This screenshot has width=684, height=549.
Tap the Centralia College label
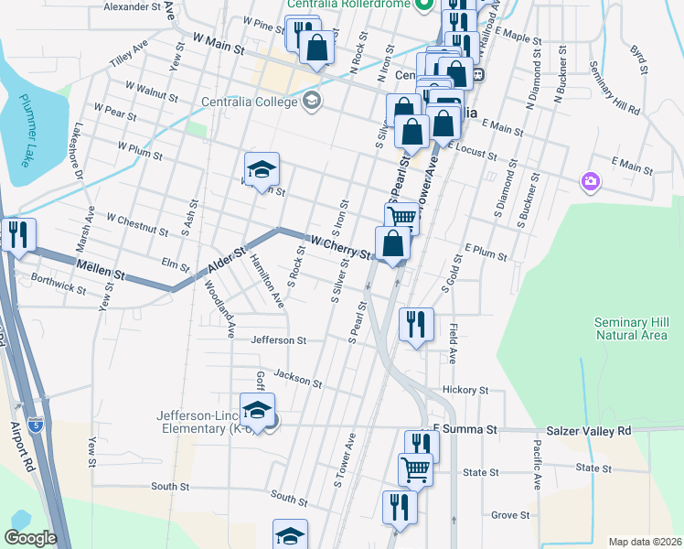251,101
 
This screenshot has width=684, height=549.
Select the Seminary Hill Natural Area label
632,328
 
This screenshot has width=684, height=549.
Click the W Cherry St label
342,245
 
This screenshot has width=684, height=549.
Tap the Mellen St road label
101,271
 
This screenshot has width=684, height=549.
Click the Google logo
30,538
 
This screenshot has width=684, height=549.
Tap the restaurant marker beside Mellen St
17,234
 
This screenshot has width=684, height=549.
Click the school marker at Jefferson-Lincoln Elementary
258,409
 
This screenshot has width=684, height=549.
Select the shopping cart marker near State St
415,468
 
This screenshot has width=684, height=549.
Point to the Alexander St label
132,6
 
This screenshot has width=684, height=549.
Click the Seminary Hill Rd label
614,89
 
